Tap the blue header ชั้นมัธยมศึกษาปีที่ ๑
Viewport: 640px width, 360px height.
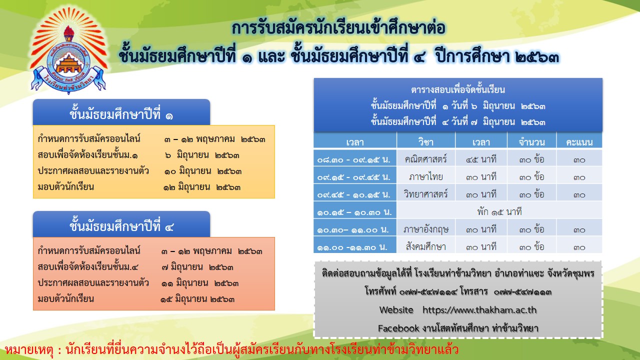(121, 112)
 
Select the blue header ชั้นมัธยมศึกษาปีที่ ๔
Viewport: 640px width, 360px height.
(121, 224)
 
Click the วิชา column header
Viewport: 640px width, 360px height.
(425, 141)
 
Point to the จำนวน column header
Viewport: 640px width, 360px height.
(531, 141)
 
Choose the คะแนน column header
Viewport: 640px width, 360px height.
(579, 141)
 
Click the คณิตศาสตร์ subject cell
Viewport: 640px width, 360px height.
(425, 158)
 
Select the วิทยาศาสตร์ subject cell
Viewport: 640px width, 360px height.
(425, 193)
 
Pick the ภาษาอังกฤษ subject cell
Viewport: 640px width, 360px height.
(425, 228)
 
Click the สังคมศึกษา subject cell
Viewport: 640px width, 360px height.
(425, 246)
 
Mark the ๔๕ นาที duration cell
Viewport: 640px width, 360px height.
(481, 158)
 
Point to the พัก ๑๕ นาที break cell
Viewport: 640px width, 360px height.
(499, 211)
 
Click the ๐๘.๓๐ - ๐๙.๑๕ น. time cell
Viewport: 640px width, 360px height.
(355, 158)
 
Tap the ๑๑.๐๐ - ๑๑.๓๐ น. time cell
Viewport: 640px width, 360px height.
(355, 246)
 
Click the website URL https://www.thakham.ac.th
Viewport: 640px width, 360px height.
(479, 310)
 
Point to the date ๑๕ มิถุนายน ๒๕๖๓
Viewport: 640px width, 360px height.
(197, 299)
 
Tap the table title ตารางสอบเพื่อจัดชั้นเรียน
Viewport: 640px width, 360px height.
(458, 89)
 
